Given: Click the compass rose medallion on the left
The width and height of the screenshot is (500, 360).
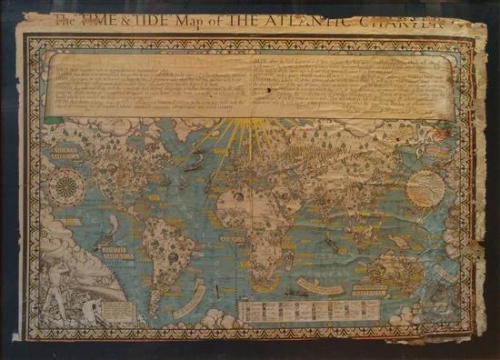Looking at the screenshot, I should pos(67,189).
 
